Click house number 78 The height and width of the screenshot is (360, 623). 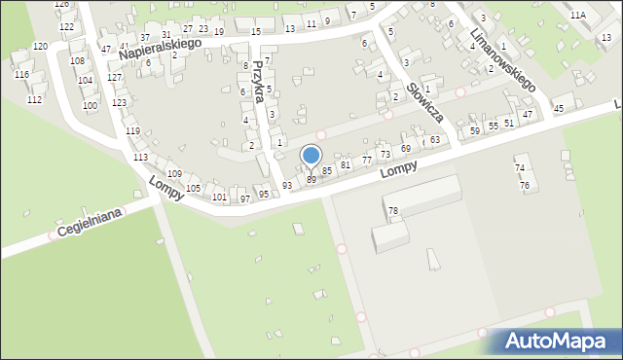(x=393, y=211)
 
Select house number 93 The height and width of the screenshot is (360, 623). (x=287, y=185)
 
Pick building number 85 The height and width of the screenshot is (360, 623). (x=328, y=170)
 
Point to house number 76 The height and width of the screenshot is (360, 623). (x=525, y=185)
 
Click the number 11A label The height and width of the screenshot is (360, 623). (x=578, y=16)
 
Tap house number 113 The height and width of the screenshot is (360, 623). (x=141, y=157)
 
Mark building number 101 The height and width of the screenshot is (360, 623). (x=219, y=198)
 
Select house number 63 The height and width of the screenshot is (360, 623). (x=435, y=140)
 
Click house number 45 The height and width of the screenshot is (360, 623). (x=558, y=108)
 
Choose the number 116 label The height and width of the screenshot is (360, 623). (x=21, y=75)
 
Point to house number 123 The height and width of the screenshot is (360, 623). (x=119, y=102)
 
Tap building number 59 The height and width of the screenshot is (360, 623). (x=475, y=130)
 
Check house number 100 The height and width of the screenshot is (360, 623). (x=90, y=105)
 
